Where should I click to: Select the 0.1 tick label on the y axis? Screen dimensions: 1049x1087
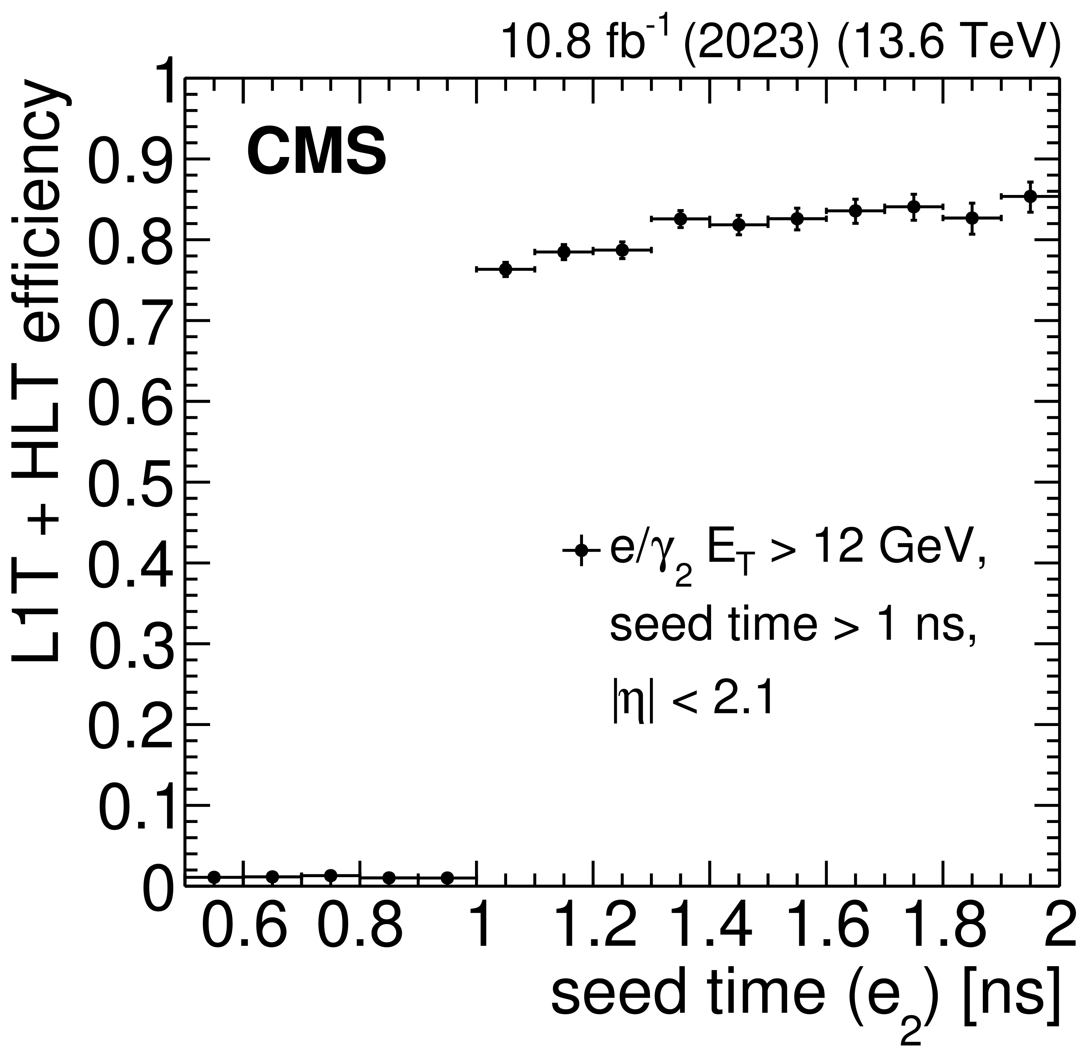click(136, 806)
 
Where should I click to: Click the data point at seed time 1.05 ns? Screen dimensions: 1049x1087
click(505, 269)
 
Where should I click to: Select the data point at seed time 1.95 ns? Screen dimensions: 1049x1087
click(1030, 196)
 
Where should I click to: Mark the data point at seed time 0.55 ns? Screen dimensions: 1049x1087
click(214, 877)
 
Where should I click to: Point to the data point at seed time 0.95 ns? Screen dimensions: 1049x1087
click(447, 878)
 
